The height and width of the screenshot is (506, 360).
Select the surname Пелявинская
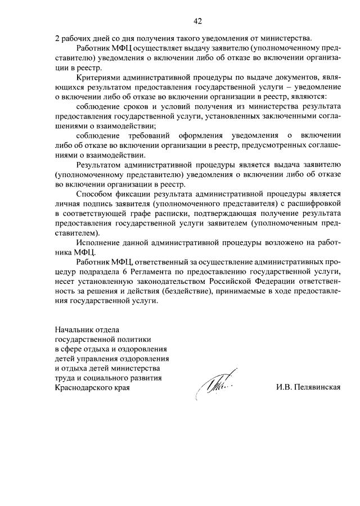click(317, 388)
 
